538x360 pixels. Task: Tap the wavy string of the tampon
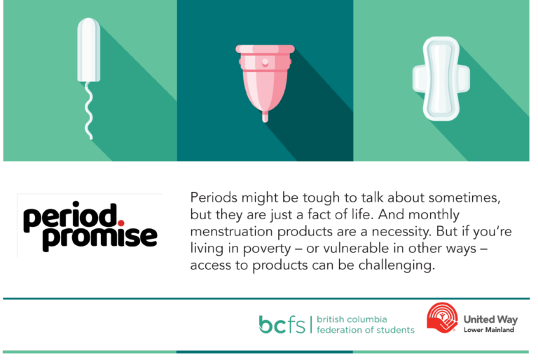click(x=89, y=111)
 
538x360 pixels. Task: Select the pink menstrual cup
click(x=265, y=79)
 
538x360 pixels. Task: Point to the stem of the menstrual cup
click(x=265, y=116)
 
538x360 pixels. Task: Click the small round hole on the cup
click(x=265, y=62)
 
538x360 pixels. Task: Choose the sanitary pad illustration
click(x=441, y=79)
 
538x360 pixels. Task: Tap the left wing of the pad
click(x=419, y=79)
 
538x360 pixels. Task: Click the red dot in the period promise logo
click(x=120, y=223)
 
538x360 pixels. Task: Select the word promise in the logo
click(x=100, y=238)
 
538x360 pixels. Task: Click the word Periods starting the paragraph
click(x=214, y=198)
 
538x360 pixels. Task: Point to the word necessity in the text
click(x=401, y=232)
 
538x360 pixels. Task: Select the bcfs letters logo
click(x=282, y=324)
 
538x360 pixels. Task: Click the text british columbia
click(x=352, y=319)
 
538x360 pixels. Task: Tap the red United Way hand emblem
click(x=442, y=317)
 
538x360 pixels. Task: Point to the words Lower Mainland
click(x=489, y=330)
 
